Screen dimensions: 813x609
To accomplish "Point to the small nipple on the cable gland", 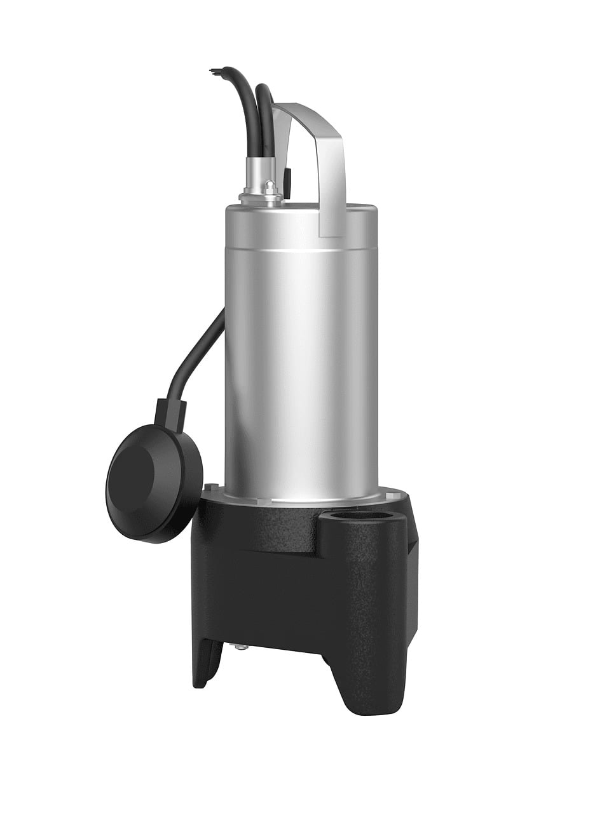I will tap(270, 186).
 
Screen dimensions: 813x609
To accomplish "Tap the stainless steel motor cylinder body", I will tap(299, 349).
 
